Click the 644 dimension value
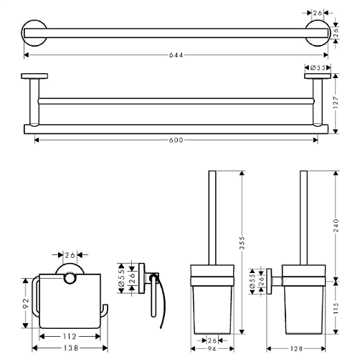click(x=176, y=55)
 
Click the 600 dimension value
click(x=176, y=140)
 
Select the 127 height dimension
click(x=336, y=102)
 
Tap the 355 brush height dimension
click(x=242, y=243)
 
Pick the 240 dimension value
click(x=336, y=225)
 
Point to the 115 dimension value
click(x=336, y=308)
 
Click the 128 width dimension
click(x=296, y=349)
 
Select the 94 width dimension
click(x=212, y=349)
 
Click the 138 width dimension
click(x=71, y=348)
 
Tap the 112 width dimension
click(x=70, y=337)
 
